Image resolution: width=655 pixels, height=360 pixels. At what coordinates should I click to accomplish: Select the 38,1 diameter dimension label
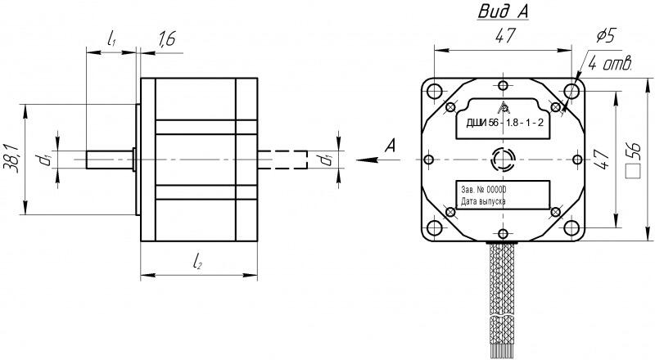click(x=11, y=156)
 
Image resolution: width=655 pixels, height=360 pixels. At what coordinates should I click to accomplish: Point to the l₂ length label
click(x=198, y=262)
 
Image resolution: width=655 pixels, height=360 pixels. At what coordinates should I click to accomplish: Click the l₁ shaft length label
click(x=111, y=38)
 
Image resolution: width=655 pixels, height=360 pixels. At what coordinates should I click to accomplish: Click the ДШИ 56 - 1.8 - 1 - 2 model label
click(x=505, y=123)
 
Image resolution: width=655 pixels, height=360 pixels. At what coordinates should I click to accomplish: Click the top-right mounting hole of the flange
click(x=571, y=90)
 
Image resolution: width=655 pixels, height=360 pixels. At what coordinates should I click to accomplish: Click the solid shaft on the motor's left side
click(x=109, y=158)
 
